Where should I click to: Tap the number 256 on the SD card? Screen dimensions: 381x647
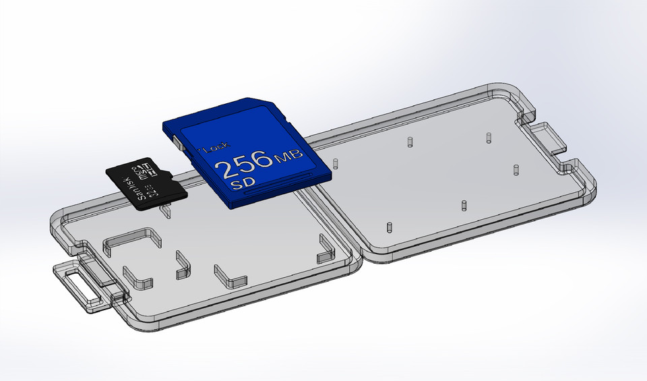[243, 165]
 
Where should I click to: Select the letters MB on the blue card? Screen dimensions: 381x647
[289, 158]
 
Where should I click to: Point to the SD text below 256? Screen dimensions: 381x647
[239, 183]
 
